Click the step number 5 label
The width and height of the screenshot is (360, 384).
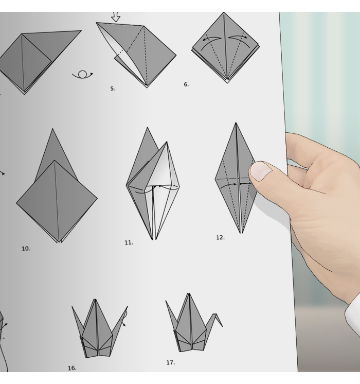(x=113, y=89)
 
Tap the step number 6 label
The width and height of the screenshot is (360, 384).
(x=186, y=84)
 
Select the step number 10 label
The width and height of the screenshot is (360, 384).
(x=26, y=249)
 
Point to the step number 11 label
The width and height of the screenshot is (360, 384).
(x=129, y=242)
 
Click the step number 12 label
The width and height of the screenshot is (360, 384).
(x=220, y=237)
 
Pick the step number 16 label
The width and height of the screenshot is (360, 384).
(x=72, y=368)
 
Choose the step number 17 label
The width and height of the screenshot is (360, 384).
(x=171, y=362)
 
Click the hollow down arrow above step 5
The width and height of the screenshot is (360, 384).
(x=116, y=16)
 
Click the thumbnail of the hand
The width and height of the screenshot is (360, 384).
(x=261, y=171)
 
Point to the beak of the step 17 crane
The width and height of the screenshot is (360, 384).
(x=222, y=326)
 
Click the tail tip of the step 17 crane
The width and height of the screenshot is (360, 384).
(x=166, y=301)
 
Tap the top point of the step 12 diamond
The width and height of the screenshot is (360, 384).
(x=236, y=123)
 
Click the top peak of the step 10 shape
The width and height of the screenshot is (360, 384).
(x=52, y=129)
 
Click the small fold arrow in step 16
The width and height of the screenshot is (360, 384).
(x=124, y=318)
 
